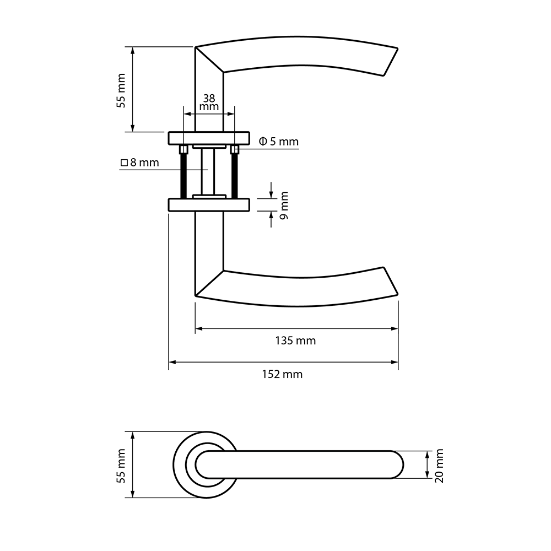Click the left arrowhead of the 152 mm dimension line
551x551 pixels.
pos(171,362)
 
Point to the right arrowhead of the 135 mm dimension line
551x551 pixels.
pos(395,328)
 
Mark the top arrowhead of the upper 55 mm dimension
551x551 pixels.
pos(132,50)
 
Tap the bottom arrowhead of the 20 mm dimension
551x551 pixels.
pos(427,475)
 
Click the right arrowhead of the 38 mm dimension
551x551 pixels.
pos(231,114)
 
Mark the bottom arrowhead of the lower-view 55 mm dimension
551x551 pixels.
pos(132,494)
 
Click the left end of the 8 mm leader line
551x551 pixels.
pos(120,170)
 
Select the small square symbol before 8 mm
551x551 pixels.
pos(123,163)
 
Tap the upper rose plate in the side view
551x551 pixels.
pos(209,138)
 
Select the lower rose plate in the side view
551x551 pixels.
pos(209,205)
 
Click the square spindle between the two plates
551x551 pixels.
pos(208,171)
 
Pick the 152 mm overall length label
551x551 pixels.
pos(282,374)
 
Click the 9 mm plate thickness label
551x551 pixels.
pos(284,205)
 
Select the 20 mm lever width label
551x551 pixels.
pos(440,466)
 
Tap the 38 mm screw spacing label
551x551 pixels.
pos(209,102)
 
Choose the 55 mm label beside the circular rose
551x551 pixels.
pos(121,466)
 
